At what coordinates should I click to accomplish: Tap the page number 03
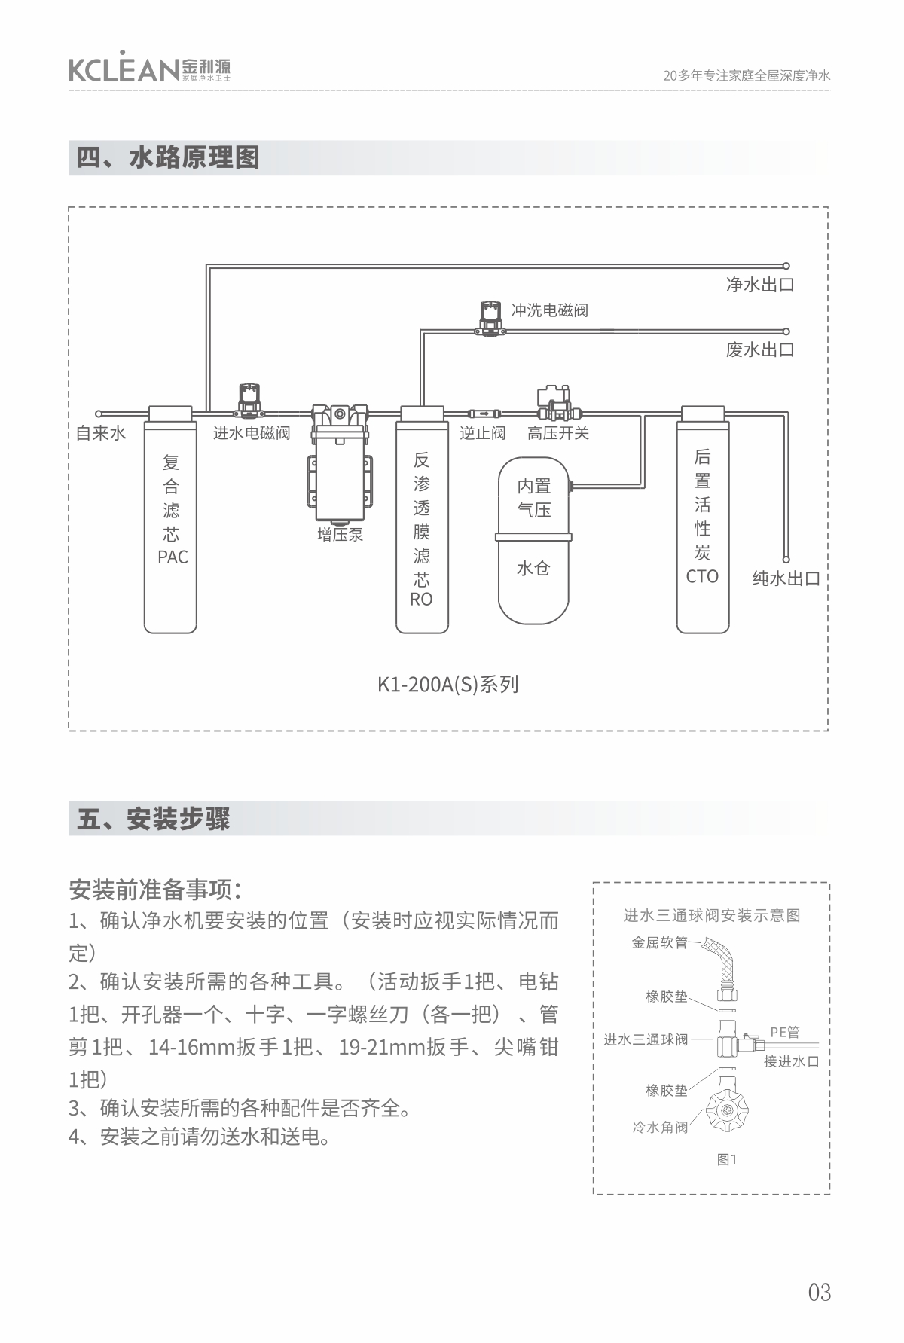(x=820, y=1293)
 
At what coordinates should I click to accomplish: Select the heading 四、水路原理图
(x=168, y=157)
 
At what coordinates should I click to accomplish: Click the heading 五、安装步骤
(x=153, y=818)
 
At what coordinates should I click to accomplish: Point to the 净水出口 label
(x=759, y=285)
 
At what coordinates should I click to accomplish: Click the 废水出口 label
(x=759, y=349)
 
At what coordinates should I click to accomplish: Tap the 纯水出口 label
(x=786, y=578)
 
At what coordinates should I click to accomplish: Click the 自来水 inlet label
(x=101, y=433)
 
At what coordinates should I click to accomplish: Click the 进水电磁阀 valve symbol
(x=249, y=401)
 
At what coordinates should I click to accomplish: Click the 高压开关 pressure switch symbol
(x=556, y=403)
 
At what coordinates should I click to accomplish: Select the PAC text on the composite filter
(x=173, y=557)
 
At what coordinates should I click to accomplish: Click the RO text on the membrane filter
(x=421, y=600)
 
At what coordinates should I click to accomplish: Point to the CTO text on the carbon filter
(x=702, y=577)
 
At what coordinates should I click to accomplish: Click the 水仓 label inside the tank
(x=533, y=569)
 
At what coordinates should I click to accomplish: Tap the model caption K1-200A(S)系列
(x=447, y=685)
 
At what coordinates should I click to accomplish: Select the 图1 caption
(x=726, y=1160)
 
